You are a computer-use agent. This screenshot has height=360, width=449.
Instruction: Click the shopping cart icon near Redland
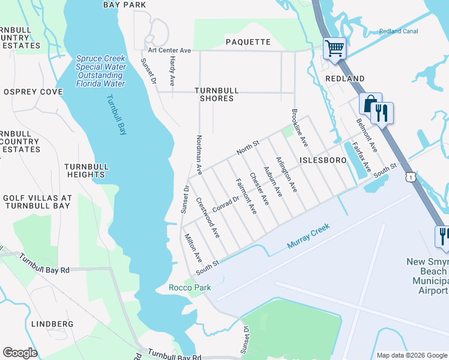(335, 48)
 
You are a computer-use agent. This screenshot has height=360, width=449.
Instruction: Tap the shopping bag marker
(370, 104)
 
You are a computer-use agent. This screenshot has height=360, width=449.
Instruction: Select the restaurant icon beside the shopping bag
(382, 112)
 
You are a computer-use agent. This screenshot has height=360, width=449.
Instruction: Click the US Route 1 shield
(410, 177)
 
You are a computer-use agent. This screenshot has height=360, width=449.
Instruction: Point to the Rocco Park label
(190, 287)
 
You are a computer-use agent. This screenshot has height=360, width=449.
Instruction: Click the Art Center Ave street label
(169, 50)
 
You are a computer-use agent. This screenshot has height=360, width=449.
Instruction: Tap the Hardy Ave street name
(172, 70)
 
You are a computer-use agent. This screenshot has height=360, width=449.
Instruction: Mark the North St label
(247, 148)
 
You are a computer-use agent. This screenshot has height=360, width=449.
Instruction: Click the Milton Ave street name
(193, 248)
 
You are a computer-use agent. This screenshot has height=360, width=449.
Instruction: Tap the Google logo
(20, 352)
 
